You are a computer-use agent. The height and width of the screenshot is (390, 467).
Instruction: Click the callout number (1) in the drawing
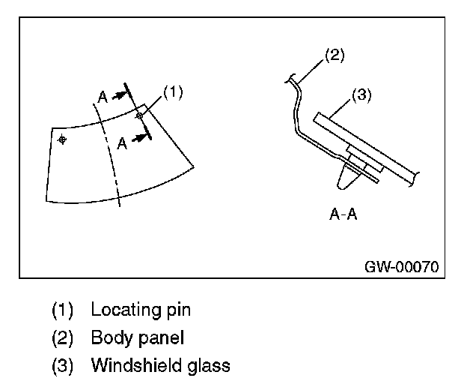[x=173, y=92]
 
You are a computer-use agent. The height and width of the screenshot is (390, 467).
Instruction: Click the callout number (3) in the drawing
[x=361, y=95]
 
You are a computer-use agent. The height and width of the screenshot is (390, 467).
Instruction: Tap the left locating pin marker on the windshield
[x=62, y=139]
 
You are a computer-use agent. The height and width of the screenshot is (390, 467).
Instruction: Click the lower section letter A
[x=121, y=145]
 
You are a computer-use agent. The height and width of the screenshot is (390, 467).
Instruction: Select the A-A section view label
[x=344, y=214]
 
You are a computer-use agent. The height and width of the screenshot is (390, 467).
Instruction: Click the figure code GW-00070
[x=402, y=266]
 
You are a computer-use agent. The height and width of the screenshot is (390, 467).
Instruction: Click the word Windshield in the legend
[x=133, y=366]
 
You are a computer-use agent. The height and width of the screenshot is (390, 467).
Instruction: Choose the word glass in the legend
[x=205, y=366]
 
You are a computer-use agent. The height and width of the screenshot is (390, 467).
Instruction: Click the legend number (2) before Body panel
[x=63, y=337]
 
